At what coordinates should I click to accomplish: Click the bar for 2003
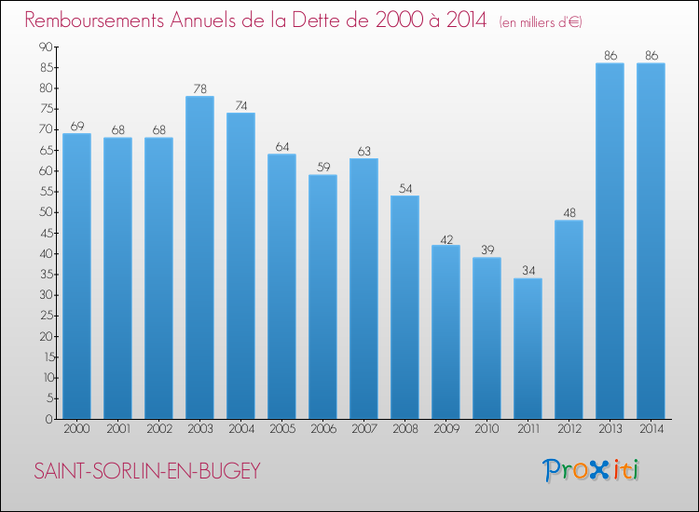pyautogui.click(x=199, y=258)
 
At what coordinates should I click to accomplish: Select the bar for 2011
pyautogui.click(x=528, y=349)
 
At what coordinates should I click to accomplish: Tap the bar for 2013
pyautogui.click(x=610, y=241)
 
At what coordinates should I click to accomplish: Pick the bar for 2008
pyautogui.click(x=404, y=307)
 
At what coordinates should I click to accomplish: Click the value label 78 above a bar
pyautogui.click(x=199, y=88)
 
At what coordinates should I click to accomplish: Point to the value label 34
pyautogui.click(x=528, y=271)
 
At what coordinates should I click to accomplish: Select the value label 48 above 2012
pyautogui.click(x=569, y=213)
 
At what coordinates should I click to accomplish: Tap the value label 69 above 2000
pyautogui.click(x=76, y=126)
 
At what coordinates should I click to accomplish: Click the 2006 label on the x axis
pyautogui.click(x=322, y=429)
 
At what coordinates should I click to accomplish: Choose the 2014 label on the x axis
pyautogui.click(x=651, y=429)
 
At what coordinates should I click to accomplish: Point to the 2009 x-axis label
pyautogui.click(x=445, y=429)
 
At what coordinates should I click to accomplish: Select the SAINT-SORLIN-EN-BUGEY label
pyautogui.click(x=147, y=471)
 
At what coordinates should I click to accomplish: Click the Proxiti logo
pyautogui.click(x=591, y=470)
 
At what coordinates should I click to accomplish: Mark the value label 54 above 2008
pyautogui.click(x=404, y=188)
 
